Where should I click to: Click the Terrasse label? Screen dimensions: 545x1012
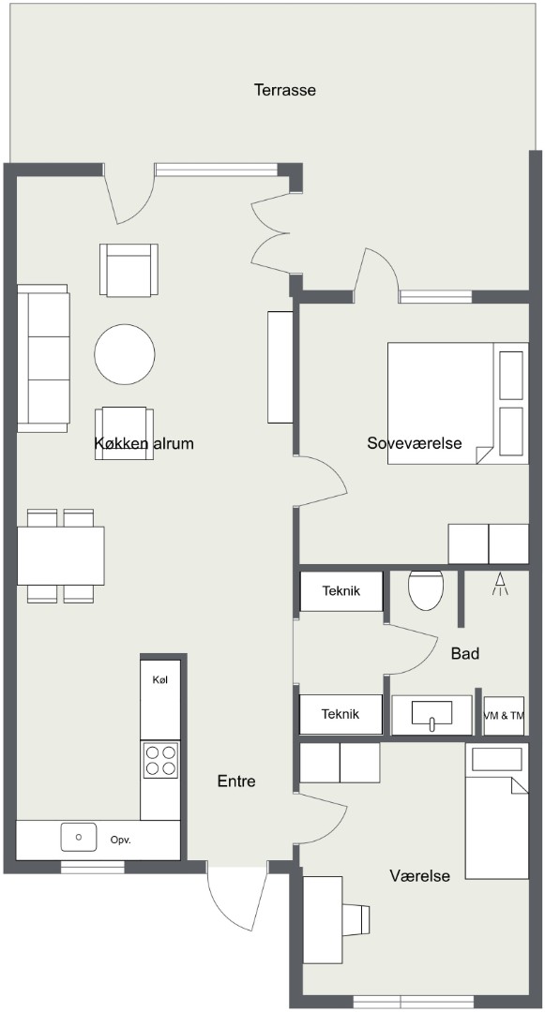(285, 90)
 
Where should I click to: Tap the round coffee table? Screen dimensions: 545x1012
(125, 354)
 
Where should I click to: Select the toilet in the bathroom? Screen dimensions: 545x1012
(426, 590)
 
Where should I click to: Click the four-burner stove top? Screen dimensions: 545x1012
(160, 760)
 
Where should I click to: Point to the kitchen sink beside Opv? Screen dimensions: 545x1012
(79, 837)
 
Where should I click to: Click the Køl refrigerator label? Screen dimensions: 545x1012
(160, 679)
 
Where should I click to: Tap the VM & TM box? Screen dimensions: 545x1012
(504, 715)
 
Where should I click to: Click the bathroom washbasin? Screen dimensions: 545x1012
(432, 715)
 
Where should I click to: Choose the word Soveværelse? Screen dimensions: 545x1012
(415, 443)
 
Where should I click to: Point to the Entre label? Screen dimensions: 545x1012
(236, 781)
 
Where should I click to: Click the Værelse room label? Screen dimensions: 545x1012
(419, 876)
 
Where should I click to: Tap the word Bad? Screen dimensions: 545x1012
(465, 654)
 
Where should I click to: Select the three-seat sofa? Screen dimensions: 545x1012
(43, 358)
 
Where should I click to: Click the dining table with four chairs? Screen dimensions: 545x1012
(61, 556)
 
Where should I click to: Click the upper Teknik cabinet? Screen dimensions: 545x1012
(341, 590)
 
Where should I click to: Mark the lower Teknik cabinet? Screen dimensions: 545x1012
(341, 714)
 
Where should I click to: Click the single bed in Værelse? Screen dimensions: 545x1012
(496, 811)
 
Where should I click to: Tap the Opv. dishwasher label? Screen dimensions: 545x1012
(121, 840)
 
